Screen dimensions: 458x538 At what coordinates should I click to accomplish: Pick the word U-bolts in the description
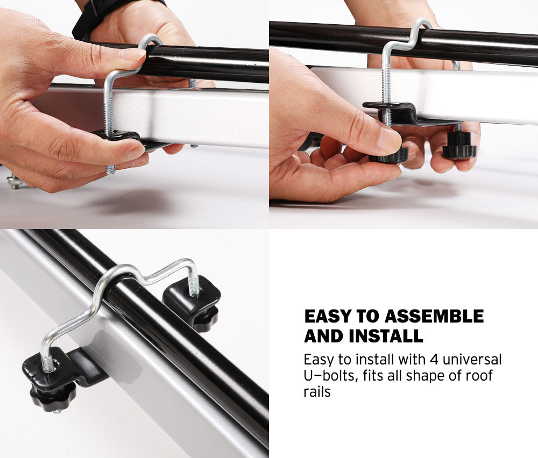(329, 375)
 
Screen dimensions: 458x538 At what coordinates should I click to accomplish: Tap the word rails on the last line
(317, 391)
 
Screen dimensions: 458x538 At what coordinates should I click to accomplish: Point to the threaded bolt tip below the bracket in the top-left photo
(110, 169)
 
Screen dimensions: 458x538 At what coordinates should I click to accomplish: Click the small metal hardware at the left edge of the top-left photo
(15, 182)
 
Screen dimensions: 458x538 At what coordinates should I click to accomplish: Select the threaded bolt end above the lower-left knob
(47, 363)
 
